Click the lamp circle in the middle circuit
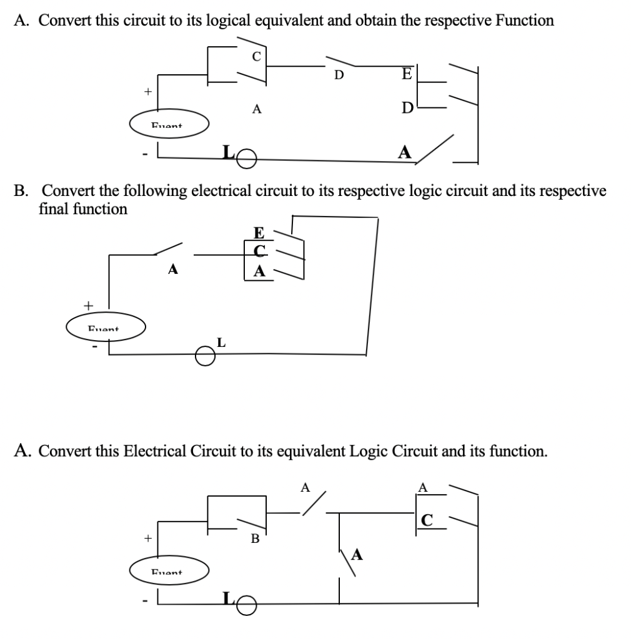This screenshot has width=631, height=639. [204, 355]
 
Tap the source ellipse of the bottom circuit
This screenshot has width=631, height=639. [169, 570]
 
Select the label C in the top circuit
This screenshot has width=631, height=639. [255, 55]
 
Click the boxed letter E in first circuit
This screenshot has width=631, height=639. [407, 74]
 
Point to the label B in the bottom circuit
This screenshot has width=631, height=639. [255, 538]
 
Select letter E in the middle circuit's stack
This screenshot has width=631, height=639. [259, 233]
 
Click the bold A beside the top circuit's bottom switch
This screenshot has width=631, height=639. [405, 152]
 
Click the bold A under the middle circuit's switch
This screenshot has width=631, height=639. [173, 270]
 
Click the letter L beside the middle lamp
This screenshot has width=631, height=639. [221, 342]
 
